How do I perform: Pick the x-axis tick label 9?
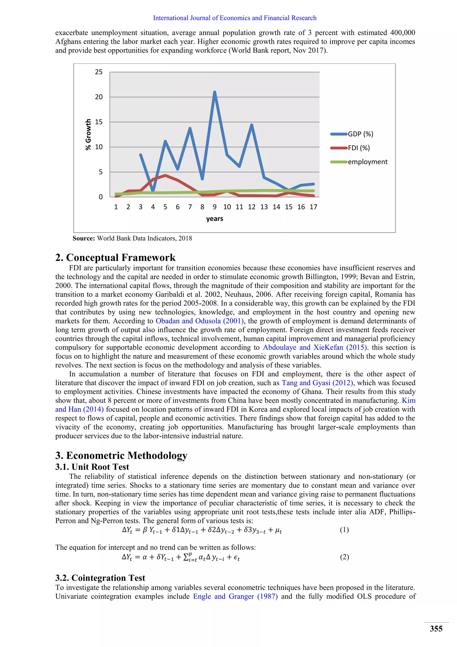pyautogui.click(x=215, y=207)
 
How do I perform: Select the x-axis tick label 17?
pyautogui.click(x=313, y=207)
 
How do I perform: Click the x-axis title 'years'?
pyautogui.click(x=214, y=219)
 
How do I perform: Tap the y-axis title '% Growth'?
pyautogui.click(x=88, y=134)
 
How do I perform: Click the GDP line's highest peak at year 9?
pyautogui.click(x=215, y=92)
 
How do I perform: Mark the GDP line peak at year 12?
pyautogui.click(x=251, y=125)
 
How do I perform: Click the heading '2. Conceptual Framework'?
pyautogui.click(x=115, y=257)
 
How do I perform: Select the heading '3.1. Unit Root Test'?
pyautogui.click(x=92, y=467)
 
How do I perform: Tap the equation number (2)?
pyautogui.click(x=344, y=557)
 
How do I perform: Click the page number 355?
pyautogui.click(x=436, y=629)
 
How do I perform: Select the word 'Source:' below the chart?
pyautogui.click(x=84, y=238)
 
